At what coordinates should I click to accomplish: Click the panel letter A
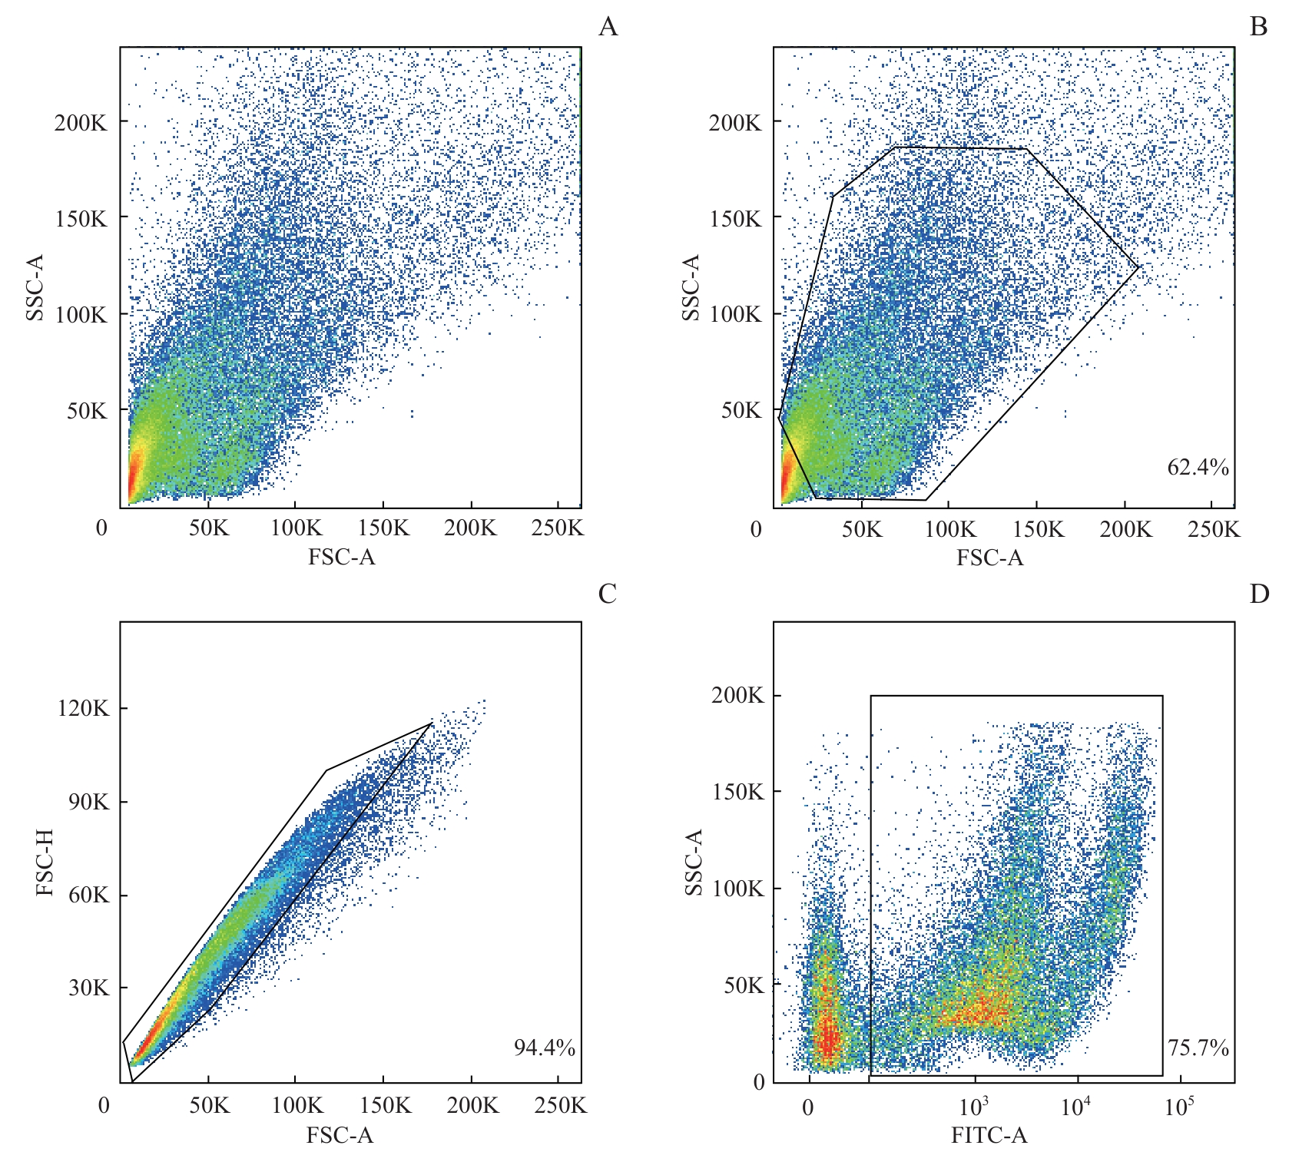click(608, 27)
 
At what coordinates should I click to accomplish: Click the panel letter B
click(1258, 27)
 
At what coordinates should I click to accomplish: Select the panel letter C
click(607, 594)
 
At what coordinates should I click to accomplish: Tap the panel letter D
click(1259, 594)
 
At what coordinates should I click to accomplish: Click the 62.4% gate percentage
click(1198, 467)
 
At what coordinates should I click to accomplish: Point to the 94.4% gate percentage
click(544, 1048)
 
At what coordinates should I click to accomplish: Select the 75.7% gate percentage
click(1198, 1048)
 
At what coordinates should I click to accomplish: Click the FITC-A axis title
click(989, 1134)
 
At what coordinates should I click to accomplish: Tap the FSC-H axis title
click(45, 862)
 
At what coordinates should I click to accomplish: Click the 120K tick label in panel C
click(83, 708)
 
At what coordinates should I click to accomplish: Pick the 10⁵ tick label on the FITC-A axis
click(1179, 1106)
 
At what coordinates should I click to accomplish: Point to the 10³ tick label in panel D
click(973, 1106)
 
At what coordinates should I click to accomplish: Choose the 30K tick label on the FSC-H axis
click(88, 988)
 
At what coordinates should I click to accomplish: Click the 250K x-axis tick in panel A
click(557, 528)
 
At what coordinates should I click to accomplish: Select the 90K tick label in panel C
click(88, 802)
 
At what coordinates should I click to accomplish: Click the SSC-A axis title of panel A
click(35, 287)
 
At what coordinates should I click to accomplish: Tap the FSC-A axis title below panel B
click(989, 558)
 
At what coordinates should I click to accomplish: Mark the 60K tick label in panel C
click(88, 895)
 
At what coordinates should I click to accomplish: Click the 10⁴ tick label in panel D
click(1075, 1106)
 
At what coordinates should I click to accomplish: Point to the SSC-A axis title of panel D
click(694, 862)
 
